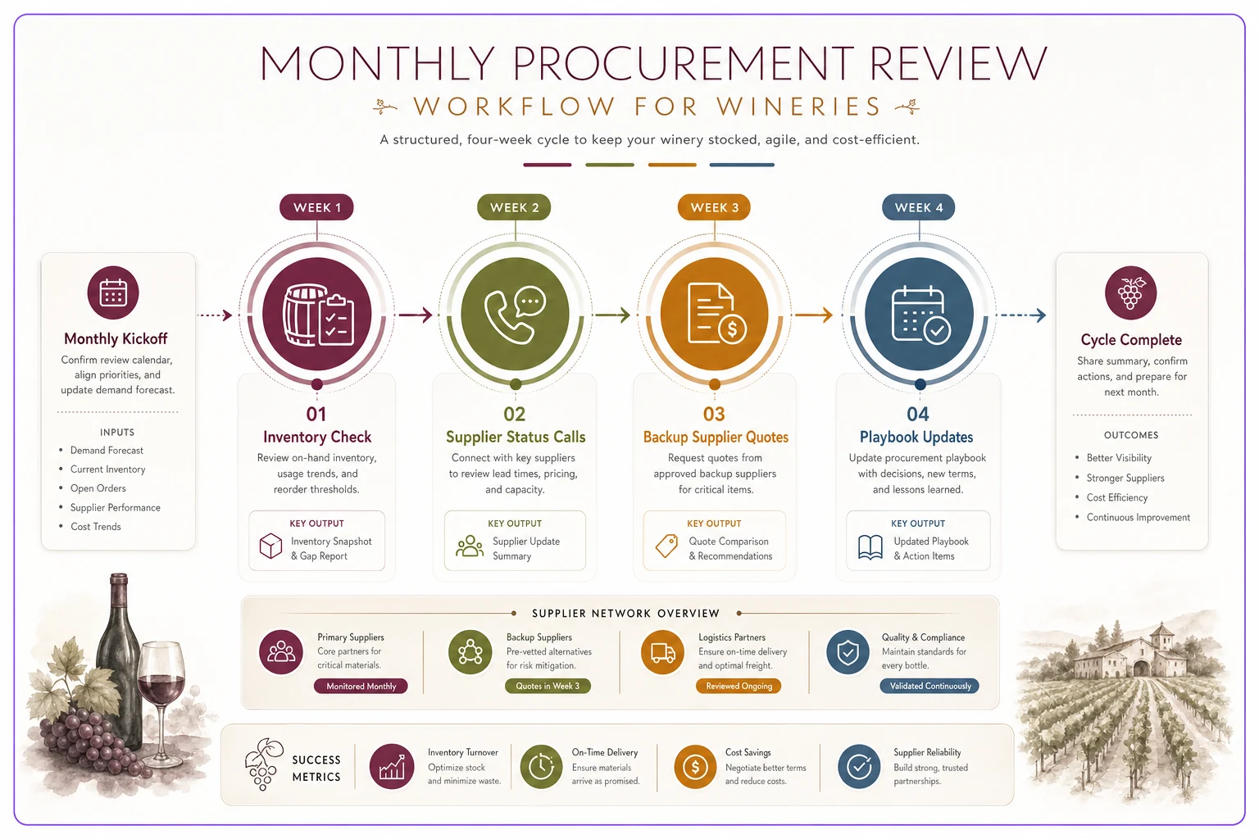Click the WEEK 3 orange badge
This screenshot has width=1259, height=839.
point(714,207)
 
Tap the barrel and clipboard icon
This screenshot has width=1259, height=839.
point(317,314)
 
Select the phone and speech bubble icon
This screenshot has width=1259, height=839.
point(515,314)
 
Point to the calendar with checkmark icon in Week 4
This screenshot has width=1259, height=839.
point(920,314)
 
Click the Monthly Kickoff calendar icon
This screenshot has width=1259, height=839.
point(113,293)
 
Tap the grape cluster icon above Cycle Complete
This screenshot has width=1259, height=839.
point(1130,293)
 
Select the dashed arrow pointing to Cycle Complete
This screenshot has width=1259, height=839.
point(1020,315)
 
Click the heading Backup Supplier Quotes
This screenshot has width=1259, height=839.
point(716,438)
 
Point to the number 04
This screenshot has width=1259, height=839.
point(918,414)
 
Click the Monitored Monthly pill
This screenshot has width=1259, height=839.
point(361,686)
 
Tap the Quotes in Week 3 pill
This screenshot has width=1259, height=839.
point(548,686)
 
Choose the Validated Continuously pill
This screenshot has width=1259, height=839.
point(929,686)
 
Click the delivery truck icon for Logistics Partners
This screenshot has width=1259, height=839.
point(662,652)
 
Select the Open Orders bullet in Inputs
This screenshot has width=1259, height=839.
point(98,488)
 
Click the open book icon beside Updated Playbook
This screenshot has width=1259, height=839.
point(870,547)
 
